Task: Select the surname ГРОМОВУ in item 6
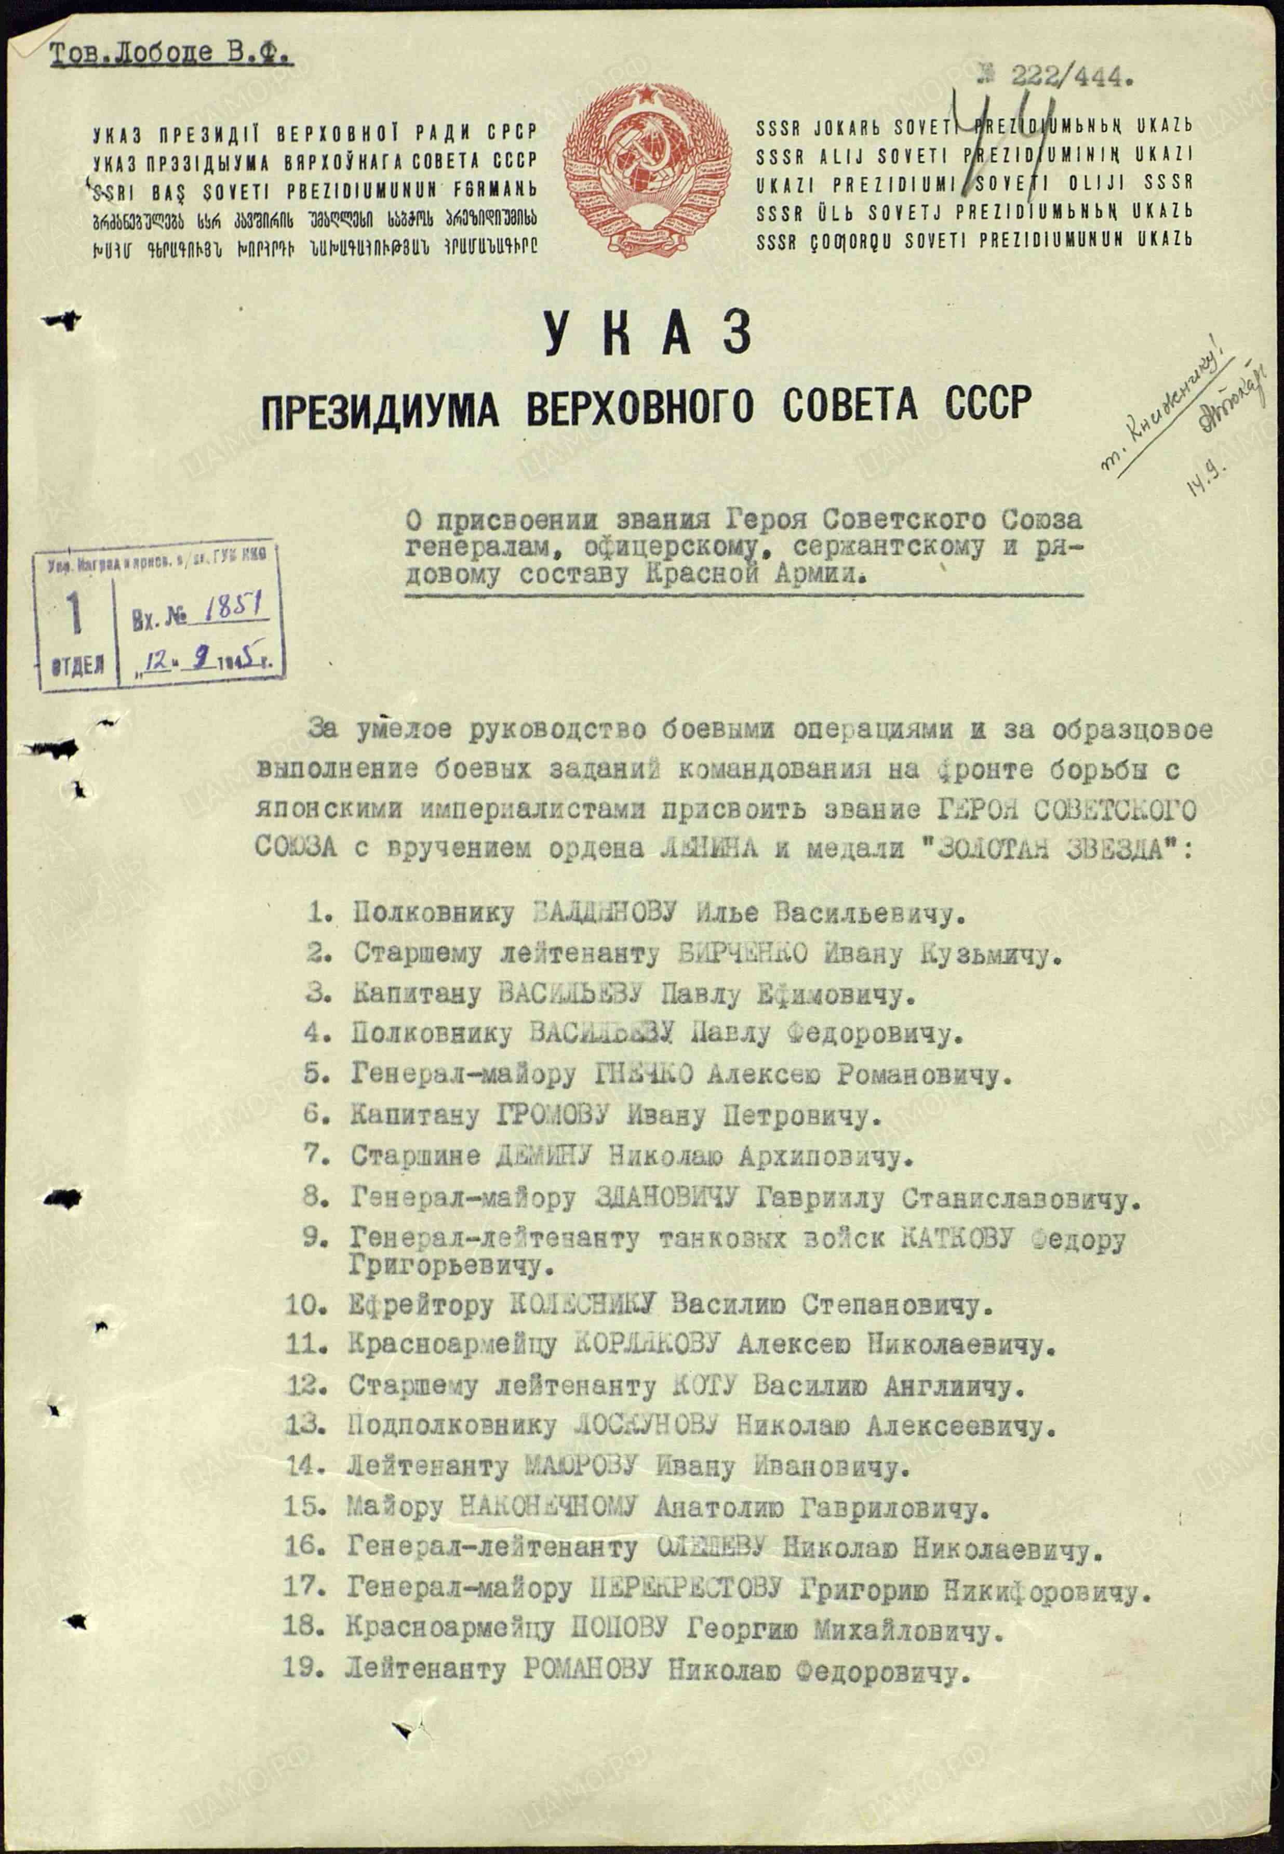coord(555,1115)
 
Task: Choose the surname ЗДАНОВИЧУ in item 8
coord(664,1198)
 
